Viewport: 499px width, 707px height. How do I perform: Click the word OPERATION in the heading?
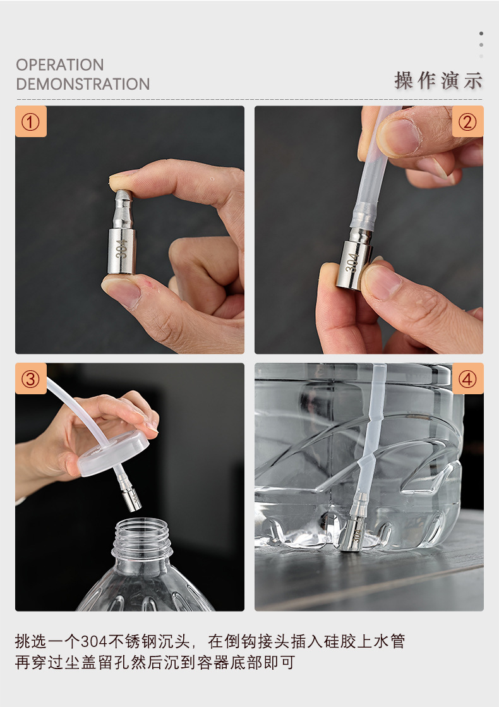(x=60, y=65)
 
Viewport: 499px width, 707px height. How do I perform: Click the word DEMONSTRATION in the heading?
(x=83, y=84)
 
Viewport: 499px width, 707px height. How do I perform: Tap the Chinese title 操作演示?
(x=438, y=81)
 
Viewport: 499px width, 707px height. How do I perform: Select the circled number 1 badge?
(x=31, y=122)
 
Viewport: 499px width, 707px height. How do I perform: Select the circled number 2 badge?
(x=467, y=122)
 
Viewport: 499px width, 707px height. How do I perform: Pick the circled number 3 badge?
(x=31, y=378)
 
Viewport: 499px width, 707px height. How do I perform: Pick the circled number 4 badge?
(x=467, y=378)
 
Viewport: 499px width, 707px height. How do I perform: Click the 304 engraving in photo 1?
(x=121, y=248)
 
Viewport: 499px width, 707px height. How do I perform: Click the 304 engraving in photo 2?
(x=352, y=262)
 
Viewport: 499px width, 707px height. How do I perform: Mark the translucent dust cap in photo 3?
(x=113, y=453)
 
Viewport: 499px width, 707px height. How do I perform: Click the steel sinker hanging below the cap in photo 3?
(x=130, y=496)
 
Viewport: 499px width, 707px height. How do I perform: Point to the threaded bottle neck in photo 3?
(x=142, y=539)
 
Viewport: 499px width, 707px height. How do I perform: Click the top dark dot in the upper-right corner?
(x=481, y=33)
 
